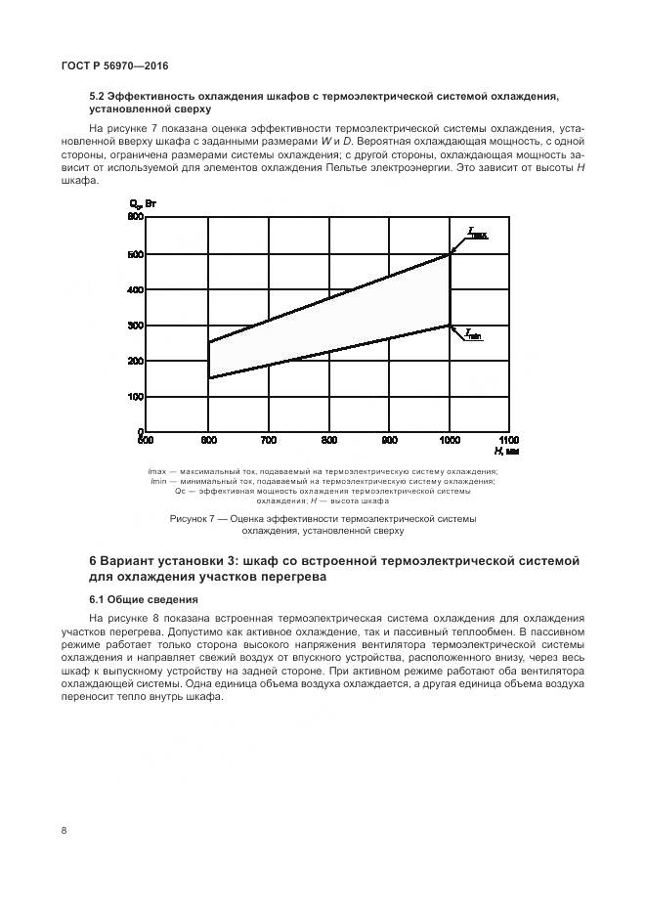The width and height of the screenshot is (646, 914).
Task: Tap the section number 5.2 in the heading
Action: pyautogui.click(x=99, y=97)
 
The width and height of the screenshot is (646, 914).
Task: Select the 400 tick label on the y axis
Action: pyautogui.click(x=136, y=290)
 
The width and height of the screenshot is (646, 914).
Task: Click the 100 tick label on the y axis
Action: pyautogui.click(x=136, y=397)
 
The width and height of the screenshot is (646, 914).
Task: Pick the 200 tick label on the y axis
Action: pyautogui.click(x=136, y=361)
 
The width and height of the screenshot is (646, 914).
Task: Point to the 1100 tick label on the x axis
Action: pyautogui.click(x=508, y=440)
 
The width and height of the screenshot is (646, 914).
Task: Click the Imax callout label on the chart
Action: pyautogui.click(x=478, y=233)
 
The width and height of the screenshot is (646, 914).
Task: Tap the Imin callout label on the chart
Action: pyautogui.click(x=473, y=335)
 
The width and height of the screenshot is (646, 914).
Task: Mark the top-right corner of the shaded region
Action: pyautogui.click(x=450, y=254)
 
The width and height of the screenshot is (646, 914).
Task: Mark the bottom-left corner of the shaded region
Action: pyautogui.click(x=208, y=378)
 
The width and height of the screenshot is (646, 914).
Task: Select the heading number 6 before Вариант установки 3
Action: pyautogui.click(x=93, y=561)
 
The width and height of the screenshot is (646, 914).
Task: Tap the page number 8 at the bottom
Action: pyautogui.click(x=64, y=831)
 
